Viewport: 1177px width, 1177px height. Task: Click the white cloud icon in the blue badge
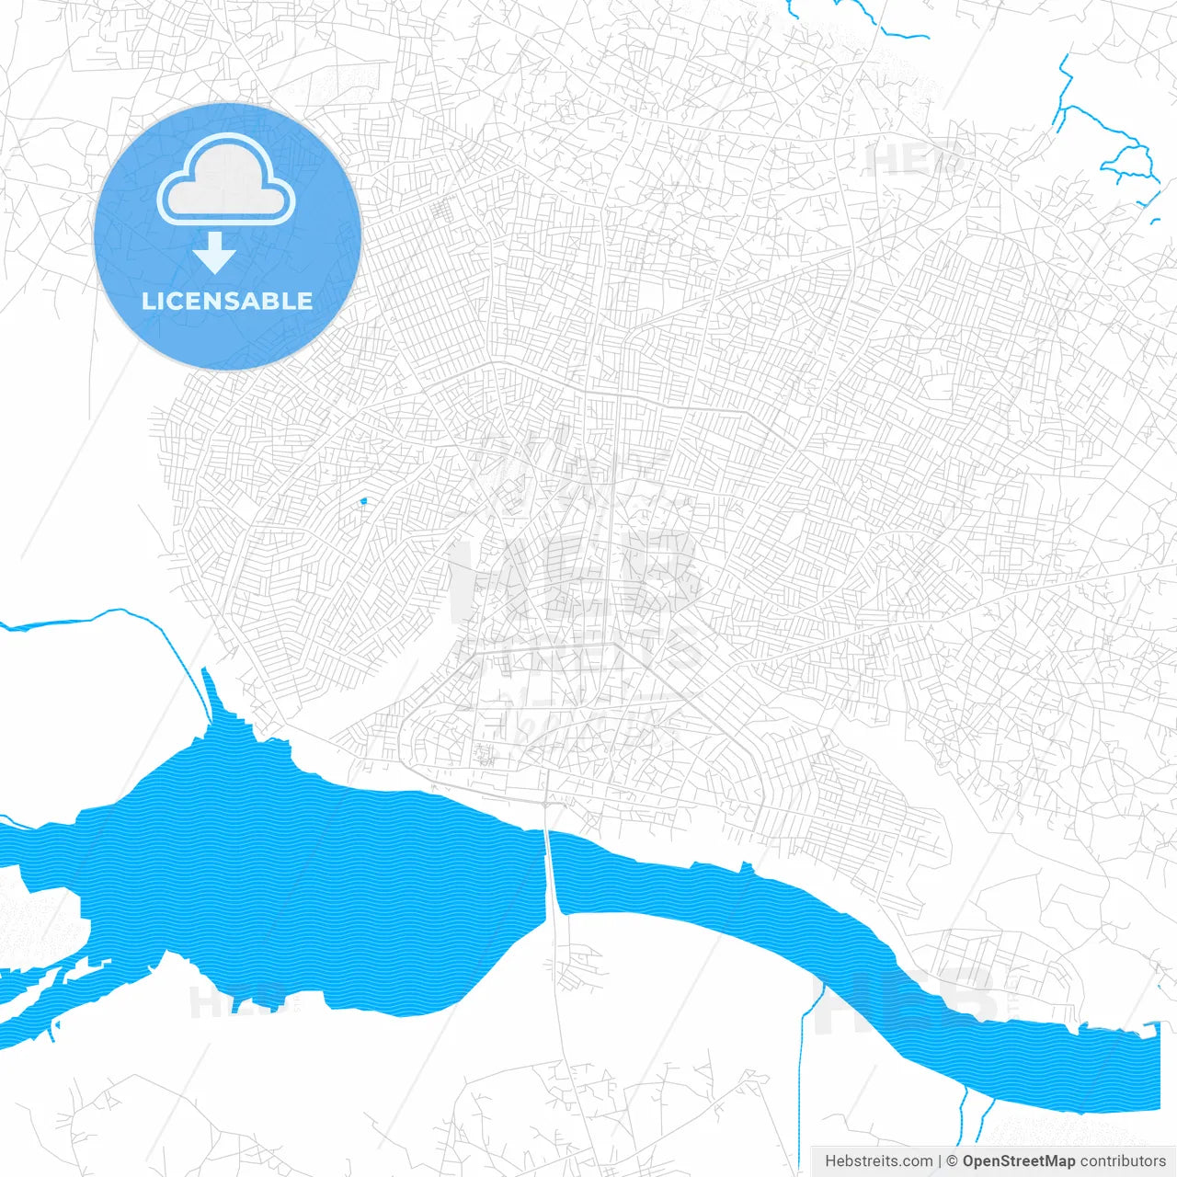[x=226, y=180]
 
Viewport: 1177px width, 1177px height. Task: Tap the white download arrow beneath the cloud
[x=214, y=254]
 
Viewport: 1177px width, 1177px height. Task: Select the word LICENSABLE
[x=227, y=301]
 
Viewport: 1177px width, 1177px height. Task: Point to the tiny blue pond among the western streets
[x=363, y=501]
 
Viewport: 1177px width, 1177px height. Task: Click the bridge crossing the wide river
[x=552, y=874]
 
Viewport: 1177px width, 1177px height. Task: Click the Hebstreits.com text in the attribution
[x=878, y=1161]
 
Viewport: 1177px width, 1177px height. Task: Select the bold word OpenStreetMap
[x=1018, y=1161]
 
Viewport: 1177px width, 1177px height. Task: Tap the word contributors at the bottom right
[x=1123, y=1161]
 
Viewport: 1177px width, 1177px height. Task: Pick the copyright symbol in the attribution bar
[x=952, y=1161]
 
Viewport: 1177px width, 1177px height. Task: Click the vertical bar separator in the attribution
[x=939, y=1161]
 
